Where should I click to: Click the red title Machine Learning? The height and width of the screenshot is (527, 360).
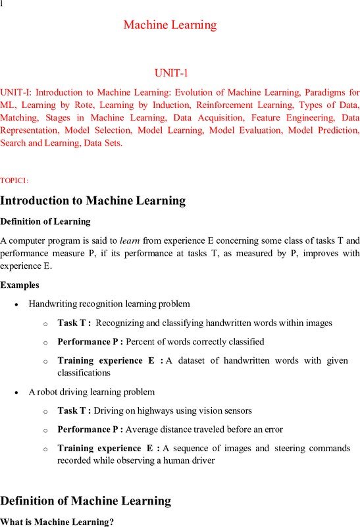(x=170, y=25)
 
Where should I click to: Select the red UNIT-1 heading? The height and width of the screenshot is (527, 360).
(x=171, y=73)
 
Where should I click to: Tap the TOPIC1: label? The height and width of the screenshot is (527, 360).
(x=14, y=180)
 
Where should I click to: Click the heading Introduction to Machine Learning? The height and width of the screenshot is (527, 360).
(x=93, y=201)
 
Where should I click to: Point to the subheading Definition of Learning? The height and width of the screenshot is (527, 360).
(x=45, y=221)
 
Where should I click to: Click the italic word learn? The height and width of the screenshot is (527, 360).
(x=128, y=240)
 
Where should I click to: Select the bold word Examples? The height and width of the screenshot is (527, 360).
(x=20, y=285)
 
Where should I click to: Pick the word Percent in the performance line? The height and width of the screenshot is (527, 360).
(x=140, y=341)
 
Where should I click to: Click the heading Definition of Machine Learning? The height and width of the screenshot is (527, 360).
(x=86, y=501)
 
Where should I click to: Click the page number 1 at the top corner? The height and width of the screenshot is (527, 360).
(x=2, y=4)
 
